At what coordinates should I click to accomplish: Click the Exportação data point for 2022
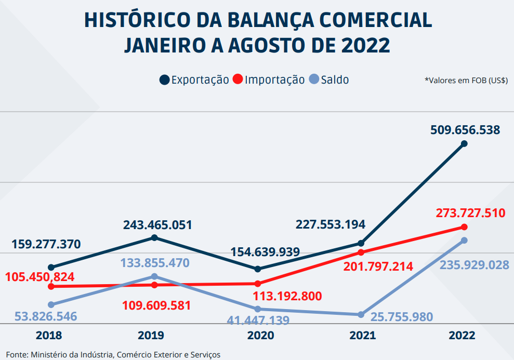[x=464, y=143]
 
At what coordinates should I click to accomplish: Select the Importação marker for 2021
[x=361, y=252]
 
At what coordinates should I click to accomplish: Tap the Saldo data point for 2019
[x=154, y=276]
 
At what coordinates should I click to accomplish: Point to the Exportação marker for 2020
[x=258, y=269]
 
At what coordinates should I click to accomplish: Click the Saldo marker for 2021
[x=361, y=315]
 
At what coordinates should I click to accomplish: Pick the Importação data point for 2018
[x=51, y=286]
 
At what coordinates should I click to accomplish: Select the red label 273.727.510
[x=471, y=212]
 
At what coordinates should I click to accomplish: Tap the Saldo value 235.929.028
[x=474, y=265]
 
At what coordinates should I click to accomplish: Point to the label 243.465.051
[x=157, y=225]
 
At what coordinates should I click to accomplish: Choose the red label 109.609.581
[x=156, y=305]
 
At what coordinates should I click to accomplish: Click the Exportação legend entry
[x=194, y=80]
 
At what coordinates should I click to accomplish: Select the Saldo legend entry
[x=329, y=80]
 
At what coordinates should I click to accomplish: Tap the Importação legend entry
[x=269, y=80]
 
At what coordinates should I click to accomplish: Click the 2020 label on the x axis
[x=260, y=336]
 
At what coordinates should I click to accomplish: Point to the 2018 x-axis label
[x=49, y=336]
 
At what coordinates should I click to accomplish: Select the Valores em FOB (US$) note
[x=466, y=81]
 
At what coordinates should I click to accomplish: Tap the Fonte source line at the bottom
[x=113, y=355]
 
